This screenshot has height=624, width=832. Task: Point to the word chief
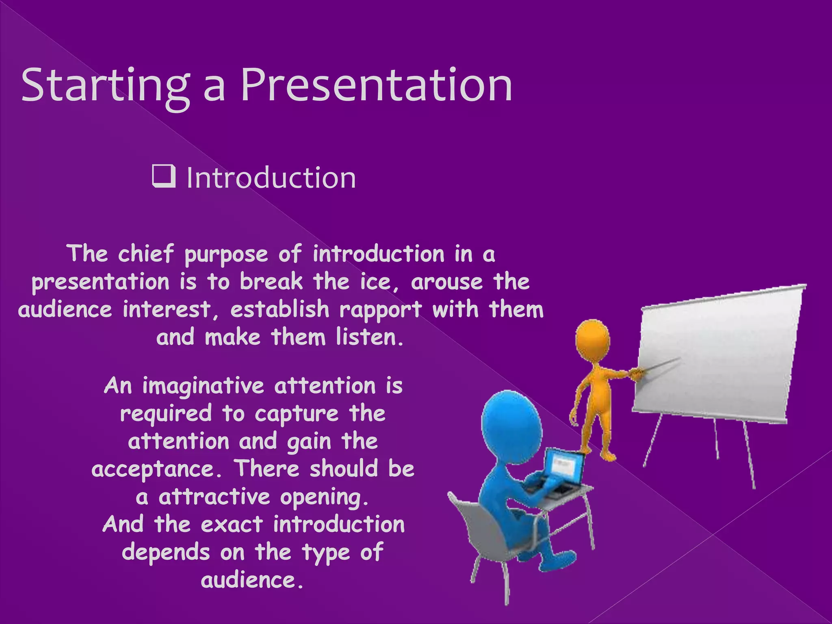pyautogui.click(x=145, y=254)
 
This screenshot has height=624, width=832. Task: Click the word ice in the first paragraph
pyautogui.click(x=377, y=282)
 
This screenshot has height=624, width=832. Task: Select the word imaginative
pyautogui.click(x=203, y=386)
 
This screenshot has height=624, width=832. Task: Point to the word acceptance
pyautogui.click(x=157, y=470)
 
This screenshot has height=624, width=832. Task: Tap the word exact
pyautogui.click(x=232, y=524)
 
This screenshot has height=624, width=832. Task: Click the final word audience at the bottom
pyautogui.click(x=252, y=580)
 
